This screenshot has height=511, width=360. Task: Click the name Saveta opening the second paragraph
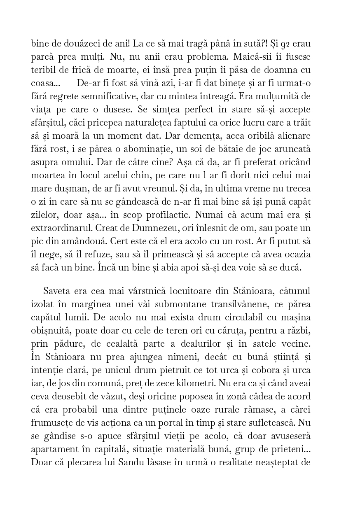coord(56,292)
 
